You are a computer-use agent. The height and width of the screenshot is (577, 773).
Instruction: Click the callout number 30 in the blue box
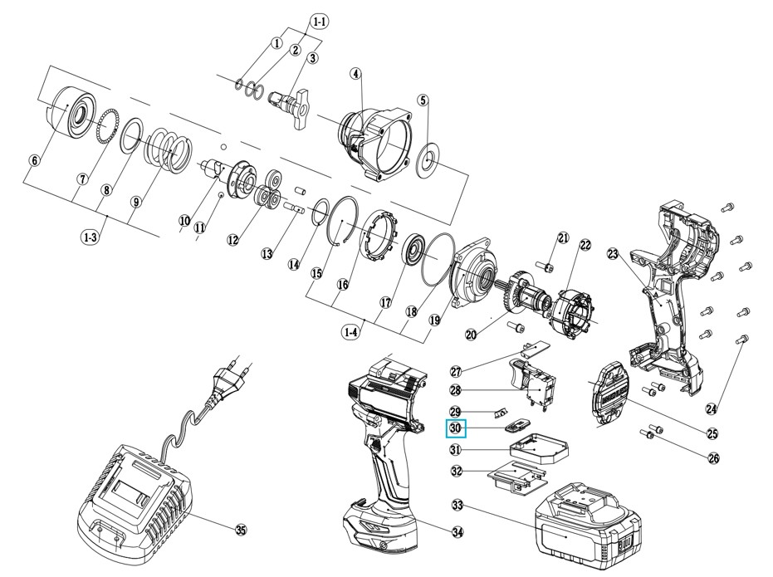(x=456, y=428)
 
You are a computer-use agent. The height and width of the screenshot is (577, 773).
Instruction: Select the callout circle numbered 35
(x=242, y=530)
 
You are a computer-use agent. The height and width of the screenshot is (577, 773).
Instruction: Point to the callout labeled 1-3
(x=91, y=237)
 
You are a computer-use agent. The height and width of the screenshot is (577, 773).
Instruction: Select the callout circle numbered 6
(x=34, y=160)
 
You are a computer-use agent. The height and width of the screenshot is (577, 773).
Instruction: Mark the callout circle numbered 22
(x=585, y=245)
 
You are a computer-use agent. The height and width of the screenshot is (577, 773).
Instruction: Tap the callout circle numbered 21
(x=564, y=239)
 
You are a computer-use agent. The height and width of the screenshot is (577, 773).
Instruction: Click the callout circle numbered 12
(x=233, y=239)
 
